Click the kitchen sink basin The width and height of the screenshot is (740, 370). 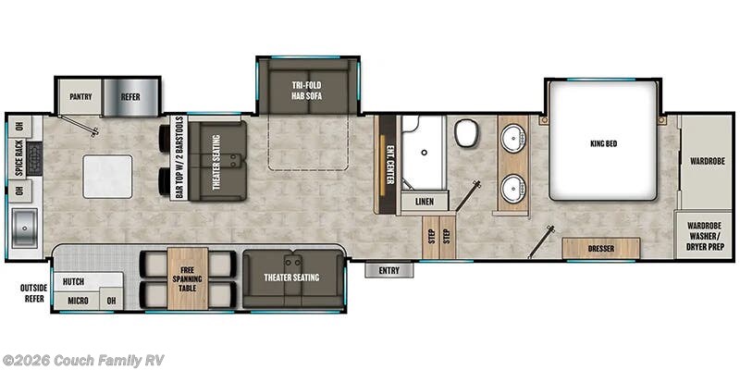[x=23, y=225]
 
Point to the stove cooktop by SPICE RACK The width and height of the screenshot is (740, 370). [x=35, y=158]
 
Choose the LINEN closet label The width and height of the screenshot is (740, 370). [x=425, y=200]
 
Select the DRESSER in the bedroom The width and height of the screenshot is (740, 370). [x=601, y=249]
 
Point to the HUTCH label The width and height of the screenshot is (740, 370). [x=74, y=281]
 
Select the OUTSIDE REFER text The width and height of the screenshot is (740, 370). [x=33, y=293]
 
